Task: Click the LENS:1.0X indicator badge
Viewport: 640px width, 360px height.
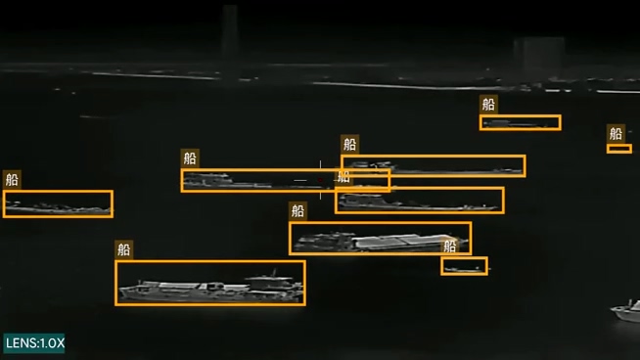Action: (34, 342)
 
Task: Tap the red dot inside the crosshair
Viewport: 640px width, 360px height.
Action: (320, 180)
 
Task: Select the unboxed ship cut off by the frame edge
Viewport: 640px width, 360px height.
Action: (626, 312)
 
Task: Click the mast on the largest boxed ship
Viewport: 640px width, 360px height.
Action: (274, 273)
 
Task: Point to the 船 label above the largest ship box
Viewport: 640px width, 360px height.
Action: (123, 249)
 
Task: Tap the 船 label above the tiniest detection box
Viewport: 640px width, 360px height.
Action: (616, 133)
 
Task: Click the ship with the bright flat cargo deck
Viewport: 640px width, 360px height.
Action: (380, 242)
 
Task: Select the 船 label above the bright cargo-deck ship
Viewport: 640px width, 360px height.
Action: (297, 211)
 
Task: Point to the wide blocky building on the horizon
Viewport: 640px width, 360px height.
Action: (539, 53)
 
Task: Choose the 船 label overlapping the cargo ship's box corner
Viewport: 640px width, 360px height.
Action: (449, 247)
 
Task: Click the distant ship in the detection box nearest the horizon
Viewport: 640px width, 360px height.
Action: (517, 123)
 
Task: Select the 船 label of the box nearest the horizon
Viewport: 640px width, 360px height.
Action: (488, 105)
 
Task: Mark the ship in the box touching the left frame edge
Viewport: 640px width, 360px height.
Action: (58, 207)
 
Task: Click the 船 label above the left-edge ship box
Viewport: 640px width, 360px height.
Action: (12, 180)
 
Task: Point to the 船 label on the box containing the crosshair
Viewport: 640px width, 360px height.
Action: (190, 158)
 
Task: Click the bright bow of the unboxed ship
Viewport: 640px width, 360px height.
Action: (617, 312)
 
